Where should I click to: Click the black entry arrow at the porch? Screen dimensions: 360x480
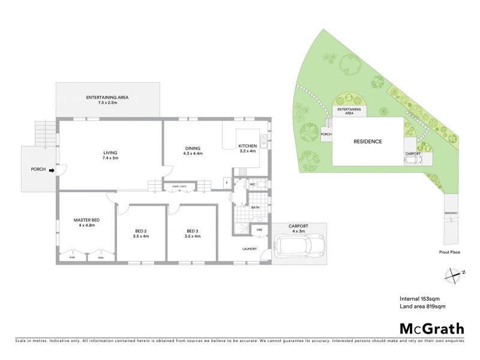pyautogui.click(x=51, y=170)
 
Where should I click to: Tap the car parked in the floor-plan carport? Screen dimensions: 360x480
pyautogui.click(x=299, y=244)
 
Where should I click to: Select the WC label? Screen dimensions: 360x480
pyautogui.click(x=253, y=185)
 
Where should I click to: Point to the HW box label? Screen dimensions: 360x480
pyautogui.click(x=260, y=229)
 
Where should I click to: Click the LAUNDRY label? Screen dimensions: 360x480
pyautogui.click(x=250, y=249)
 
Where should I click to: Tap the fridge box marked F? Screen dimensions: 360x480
pyautogui.click(x=227, y=182)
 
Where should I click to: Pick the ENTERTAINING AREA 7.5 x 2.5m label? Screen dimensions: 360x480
pyautogui.click(x=107, y=100)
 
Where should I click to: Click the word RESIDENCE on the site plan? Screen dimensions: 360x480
pyautogui.click(x=367, y=142)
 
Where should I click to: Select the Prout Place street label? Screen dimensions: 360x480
pyautogui.click(x=449, y=252)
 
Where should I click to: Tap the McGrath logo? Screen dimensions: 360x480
pyautogui.click(x=432, y=328)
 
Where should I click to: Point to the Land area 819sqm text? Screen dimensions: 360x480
pyautogui.click(x=422, y=307)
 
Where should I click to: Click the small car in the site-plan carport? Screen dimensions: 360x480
pyautogui.click(x=412, y=160)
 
